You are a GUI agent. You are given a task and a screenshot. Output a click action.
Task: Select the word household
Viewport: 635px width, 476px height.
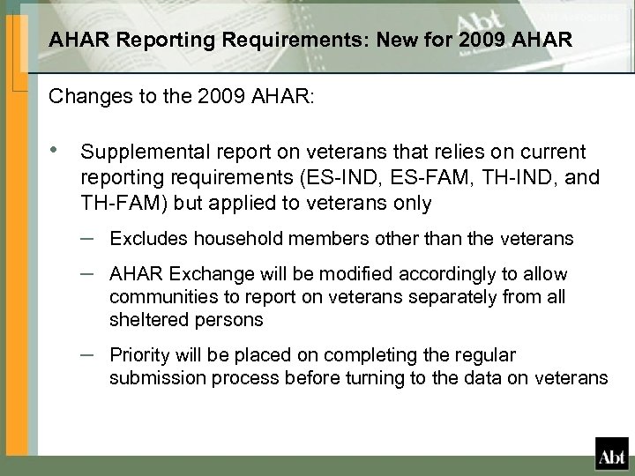(x=211, y=239)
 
